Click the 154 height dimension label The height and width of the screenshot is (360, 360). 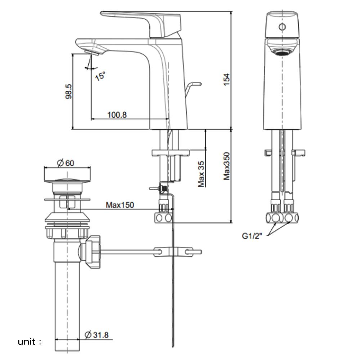pos(226,79)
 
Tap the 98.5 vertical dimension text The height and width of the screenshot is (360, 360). pos(68,91)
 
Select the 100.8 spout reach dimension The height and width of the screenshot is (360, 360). pos(117,115)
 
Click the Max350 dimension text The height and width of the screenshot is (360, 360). pos(226,166)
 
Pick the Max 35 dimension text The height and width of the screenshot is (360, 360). pos(201,174)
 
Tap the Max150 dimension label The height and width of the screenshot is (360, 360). pos(120,205)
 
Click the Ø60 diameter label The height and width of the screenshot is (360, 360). pos(65,163)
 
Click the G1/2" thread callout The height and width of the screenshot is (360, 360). pos(252,236)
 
